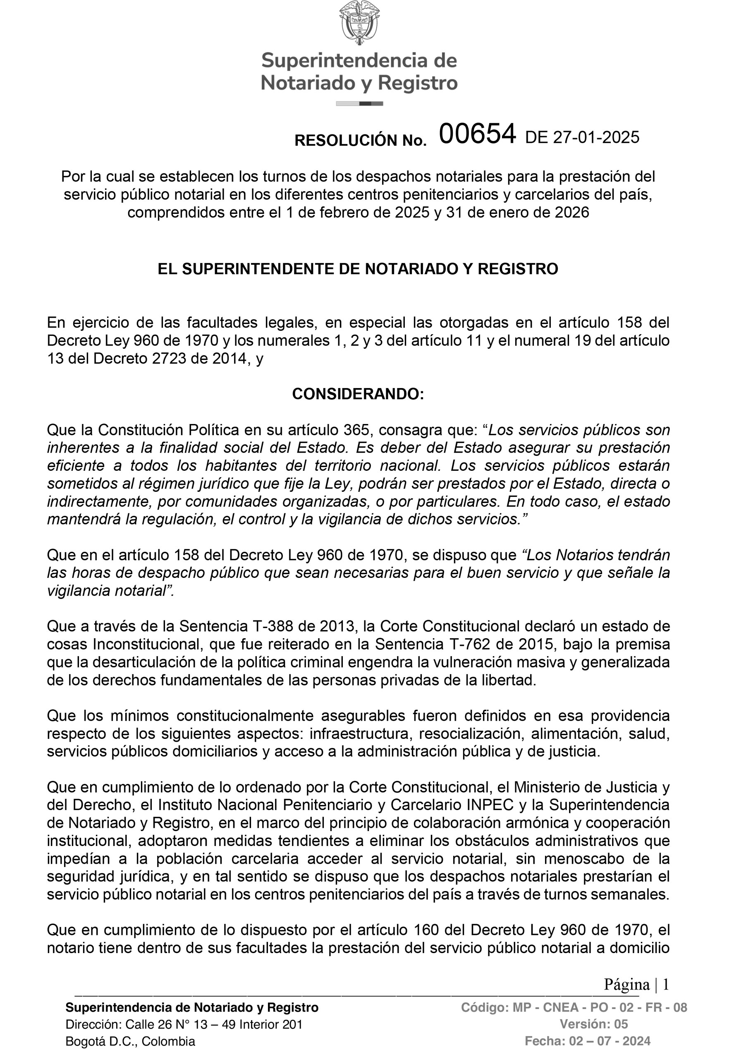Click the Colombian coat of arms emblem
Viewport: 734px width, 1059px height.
(x=359, y=23)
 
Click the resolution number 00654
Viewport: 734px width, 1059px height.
(x=477, y=134)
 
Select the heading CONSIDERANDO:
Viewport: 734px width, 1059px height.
(x=358, y=394)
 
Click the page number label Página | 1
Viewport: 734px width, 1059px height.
(x=636, y=984)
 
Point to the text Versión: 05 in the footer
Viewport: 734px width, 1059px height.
(x=593, y=1024)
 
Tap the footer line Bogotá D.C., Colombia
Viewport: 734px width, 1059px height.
(x=130, y=1041)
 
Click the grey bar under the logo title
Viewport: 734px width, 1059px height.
(x=359, y=103)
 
